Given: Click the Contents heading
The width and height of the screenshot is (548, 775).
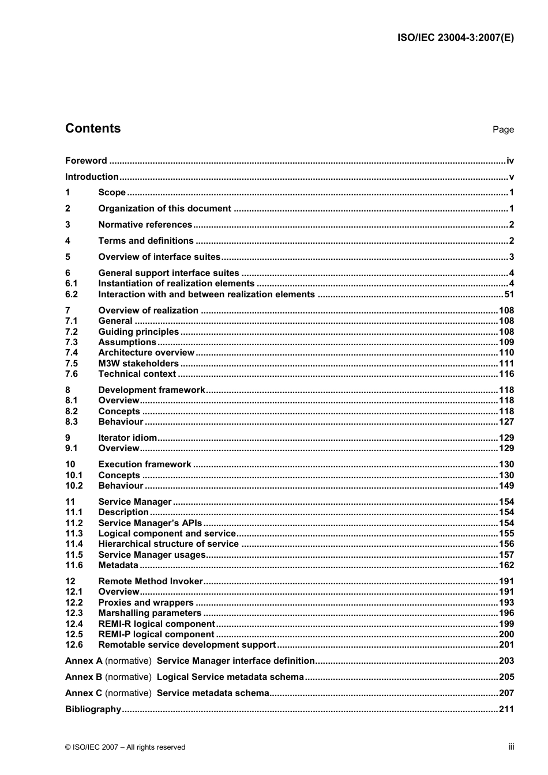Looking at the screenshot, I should click(x=93, y=128).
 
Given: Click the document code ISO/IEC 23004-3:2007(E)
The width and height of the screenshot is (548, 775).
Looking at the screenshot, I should click(x=456, y=38).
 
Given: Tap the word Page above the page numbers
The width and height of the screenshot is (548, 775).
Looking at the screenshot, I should click(x=503, y=130).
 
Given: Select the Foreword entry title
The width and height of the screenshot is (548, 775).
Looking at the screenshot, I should click(x=86, y=161).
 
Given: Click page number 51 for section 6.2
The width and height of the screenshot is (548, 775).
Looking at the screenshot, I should click(x=509, y=294).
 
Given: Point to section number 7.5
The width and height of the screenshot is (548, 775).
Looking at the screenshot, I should click(x=72, y=364).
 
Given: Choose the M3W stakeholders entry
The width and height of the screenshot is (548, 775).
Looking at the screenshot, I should click(x=138, y=364).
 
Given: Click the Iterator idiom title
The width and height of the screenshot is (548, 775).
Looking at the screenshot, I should click(x=127, y=438).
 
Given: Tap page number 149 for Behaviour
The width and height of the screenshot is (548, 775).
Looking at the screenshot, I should click(x=506, y=486).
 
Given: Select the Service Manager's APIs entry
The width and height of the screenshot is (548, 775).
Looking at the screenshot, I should click(x=150, y=523).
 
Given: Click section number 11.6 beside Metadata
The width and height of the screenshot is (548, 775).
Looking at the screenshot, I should click(x=74, y=565).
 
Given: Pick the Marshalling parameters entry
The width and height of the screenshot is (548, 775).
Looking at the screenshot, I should click(x=149, y=613).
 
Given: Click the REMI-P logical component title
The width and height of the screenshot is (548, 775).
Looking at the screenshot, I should click(x=156, y=634).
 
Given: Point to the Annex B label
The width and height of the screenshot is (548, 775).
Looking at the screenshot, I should click(x=84, y=677).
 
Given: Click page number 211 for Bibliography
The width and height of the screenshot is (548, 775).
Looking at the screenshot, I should click(x=506, y=709).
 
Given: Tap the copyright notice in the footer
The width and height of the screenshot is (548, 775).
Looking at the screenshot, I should click(x=125, y=747).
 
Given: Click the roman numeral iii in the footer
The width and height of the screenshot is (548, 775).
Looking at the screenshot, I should click(x=511, y=747).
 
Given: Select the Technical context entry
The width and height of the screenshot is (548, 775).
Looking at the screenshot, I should click(x=137, y=374).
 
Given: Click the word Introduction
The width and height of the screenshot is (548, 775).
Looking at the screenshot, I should click(x=92, y=177).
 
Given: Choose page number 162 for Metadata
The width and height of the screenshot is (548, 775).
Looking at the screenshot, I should click(x=506, y=565).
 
